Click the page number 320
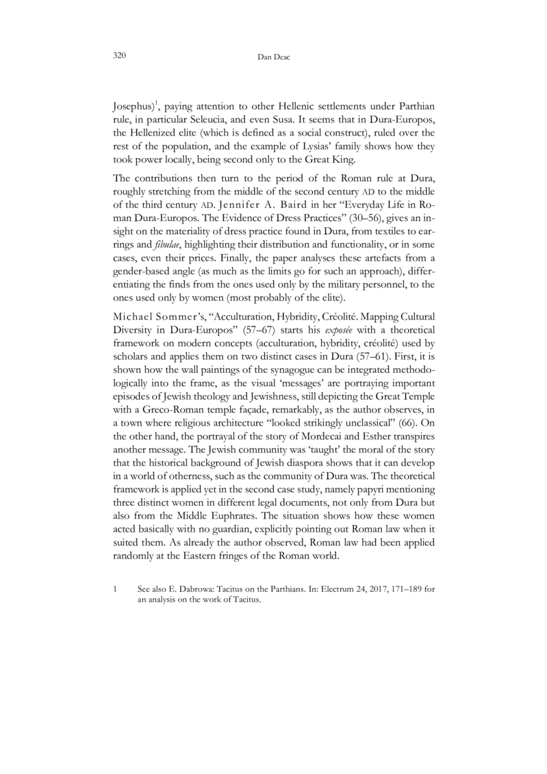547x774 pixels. tap(118, 57)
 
